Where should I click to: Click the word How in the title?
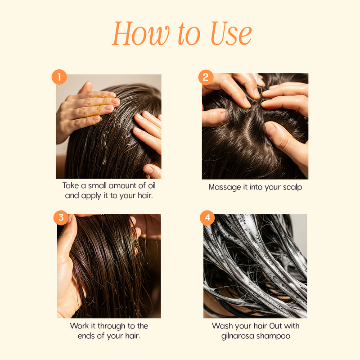[141, 33]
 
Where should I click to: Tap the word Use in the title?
[231, 33]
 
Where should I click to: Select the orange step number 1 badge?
[59, 77]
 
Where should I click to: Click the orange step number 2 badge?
[206, 77]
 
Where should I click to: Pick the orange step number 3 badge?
[61, 217]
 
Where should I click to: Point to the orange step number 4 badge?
[207, 217]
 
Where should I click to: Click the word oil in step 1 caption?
[152, 185]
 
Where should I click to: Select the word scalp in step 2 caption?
[292, 187]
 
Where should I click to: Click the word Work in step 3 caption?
[80, 326]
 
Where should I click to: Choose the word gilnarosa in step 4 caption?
[238, 336]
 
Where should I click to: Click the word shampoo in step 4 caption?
[273, 336]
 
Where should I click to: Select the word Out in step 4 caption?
[275, 326]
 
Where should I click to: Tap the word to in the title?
[189, 35]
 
